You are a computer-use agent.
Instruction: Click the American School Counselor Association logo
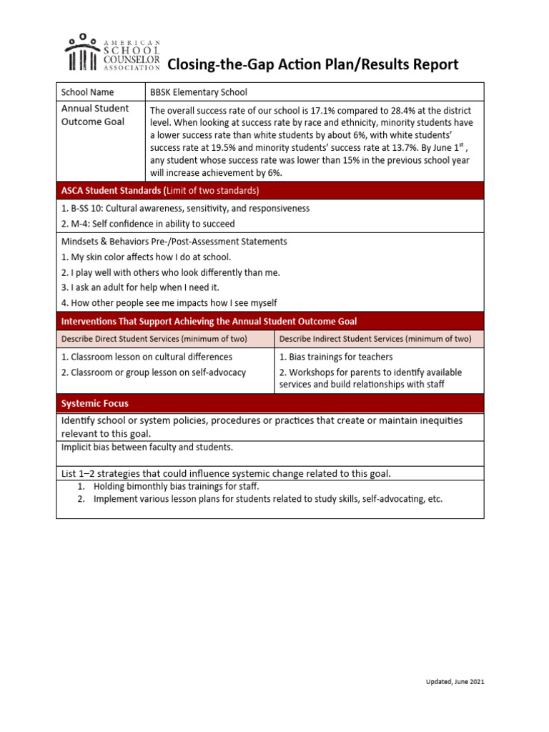click(x=112, y=53)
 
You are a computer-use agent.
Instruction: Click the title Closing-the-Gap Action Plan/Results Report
click(x=312, y=65)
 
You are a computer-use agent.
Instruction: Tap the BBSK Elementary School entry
click(x=198, y=92)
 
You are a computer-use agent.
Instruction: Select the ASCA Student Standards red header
click(x=160, y=191)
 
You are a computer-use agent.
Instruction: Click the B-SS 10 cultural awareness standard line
click(x=185, y=209)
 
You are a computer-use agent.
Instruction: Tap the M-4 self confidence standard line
click(x=148, y=224)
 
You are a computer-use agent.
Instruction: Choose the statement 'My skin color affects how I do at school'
click(x=146, y=257)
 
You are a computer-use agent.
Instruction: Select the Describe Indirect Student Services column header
click(x=375, y=339)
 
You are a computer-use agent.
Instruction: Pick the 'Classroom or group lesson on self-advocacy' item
click(x=154, y=372)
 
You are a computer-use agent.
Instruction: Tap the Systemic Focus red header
click(x=95, y=403)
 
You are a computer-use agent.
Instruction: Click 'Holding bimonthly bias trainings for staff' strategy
click(x=176, y=486)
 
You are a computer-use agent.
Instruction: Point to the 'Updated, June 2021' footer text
click(x=450, y=682)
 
